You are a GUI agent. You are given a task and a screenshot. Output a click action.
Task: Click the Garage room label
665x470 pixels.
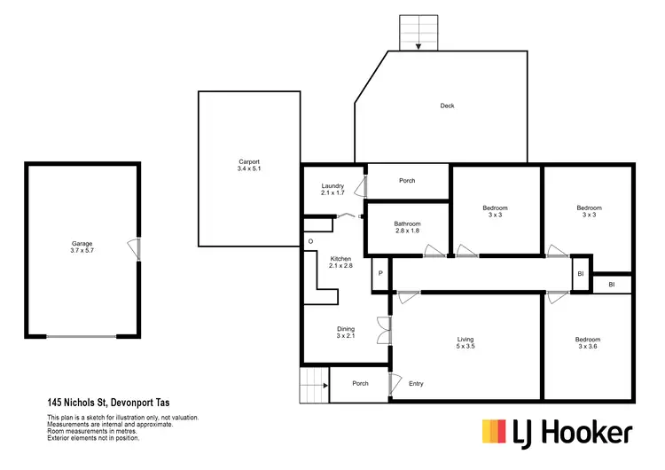[x=82, y=247]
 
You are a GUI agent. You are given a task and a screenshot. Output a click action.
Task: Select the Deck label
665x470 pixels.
[x=447, y=106]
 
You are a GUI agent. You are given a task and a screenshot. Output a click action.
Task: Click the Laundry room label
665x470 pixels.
[x=332, y=189]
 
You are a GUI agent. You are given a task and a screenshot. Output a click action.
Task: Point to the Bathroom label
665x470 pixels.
[x=407, y=228]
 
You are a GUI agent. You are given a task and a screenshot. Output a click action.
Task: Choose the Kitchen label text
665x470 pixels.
[x=340, y=262]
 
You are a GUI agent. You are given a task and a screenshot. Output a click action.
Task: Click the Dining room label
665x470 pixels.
[x=345, y=333]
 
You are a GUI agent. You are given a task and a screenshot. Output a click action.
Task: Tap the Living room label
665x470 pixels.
[x=465, y=342]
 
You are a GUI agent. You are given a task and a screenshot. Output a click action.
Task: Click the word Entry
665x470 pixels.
[x=416, y=384]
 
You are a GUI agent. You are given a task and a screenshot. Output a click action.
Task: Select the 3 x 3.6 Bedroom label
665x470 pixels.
[x=587, y=344]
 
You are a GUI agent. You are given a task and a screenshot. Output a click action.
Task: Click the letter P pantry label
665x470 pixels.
[x=380, y=273]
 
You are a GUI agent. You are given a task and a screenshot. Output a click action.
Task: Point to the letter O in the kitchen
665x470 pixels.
[x=311, y=241]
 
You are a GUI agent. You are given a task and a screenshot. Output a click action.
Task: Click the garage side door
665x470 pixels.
[x=133, y=248]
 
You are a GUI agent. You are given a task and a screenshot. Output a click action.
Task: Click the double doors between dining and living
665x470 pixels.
[x=383, y=330]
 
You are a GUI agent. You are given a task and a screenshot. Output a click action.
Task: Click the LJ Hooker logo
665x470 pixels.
[x=557, y=432]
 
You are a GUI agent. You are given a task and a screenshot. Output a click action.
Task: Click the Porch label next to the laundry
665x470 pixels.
[x=407, y=181]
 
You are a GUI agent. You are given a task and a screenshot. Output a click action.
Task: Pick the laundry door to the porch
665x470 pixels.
[x=361, y=187]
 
